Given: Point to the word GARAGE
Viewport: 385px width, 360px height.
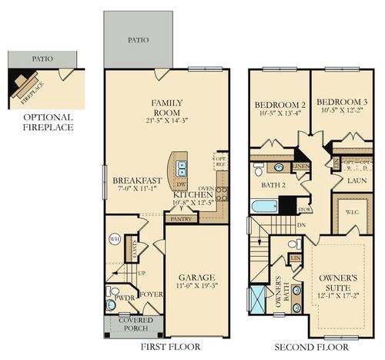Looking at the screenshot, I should [x=199, y=277].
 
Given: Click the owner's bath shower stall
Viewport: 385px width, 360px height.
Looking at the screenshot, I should [x=259, y=299].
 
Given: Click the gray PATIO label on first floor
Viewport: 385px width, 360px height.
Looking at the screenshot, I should [x=136, y=40].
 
